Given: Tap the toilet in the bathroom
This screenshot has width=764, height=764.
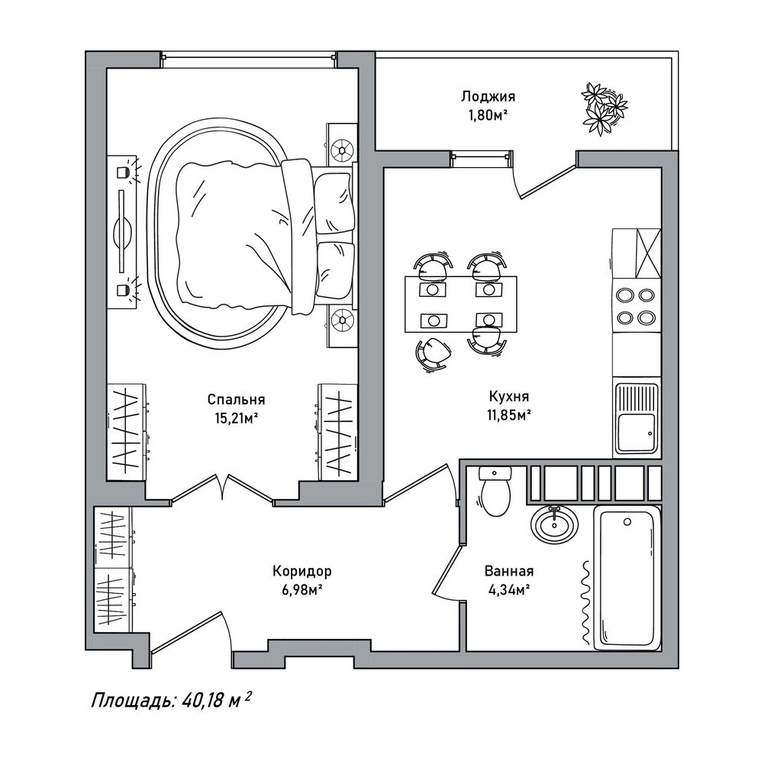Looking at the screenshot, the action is pyautogui.click(x=495, y=491).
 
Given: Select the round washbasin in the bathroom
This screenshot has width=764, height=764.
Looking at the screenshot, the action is pyautogui.click(x=554, y=525).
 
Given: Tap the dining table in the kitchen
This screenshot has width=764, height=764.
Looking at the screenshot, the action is pyautogui.click(x=460, y=304).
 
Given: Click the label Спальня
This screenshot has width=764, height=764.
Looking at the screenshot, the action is pyautogui.click(x=237, y=399).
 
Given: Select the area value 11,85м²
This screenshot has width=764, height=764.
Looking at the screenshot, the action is pyautogui.click(x=508, y=415).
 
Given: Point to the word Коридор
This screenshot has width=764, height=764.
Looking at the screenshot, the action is pyautogui.click(x=302, y=571).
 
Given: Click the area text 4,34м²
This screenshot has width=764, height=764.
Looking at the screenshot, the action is pyautogui.click(x=509, y=590).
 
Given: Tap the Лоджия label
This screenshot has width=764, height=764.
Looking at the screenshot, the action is pyautogui.click(x=488, y=96).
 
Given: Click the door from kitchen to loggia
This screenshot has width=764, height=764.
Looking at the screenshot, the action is pyautogui.click(x=546, y=181).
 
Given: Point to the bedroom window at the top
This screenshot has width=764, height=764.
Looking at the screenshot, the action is pyautogui.click(x=249, y=57).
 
